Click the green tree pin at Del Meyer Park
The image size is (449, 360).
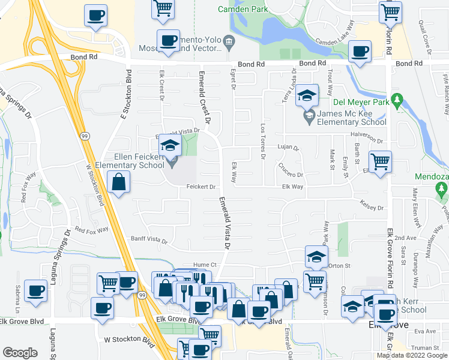pos(396,99)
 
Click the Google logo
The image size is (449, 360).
pos(20,353)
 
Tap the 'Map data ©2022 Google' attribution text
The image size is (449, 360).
pos(411,355)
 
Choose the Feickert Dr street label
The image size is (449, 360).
pos(201,187)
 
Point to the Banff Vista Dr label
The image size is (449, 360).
pos(149,241)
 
